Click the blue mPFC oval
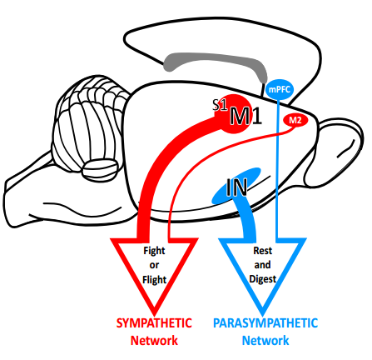coord(280,89)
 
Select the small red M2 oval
coord(295,120)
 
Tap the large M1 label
coord(246,116)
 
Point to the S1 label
coord(220,105)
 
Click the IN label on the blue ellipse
coord(236,187)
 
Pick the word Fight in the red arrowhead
coord(154,251)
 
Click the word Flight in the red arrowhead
coord(154,280)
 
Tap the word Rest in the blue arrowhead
coord(263,251)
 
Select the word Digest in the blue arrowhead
coord(263,279)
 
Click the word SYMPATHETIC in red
coord(154,323)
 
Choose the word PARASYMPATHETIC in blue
coord(265,323)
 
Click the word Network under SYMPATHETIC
coord(154,341)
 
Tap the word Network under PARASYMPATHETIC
coord(265,341)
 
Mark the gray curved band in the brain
coord(216,59)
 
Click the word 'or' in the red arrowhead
coord(154,265)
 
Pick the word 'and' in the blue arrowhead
coord(262,265)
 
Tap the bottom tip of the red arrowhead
coord(155,315)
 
